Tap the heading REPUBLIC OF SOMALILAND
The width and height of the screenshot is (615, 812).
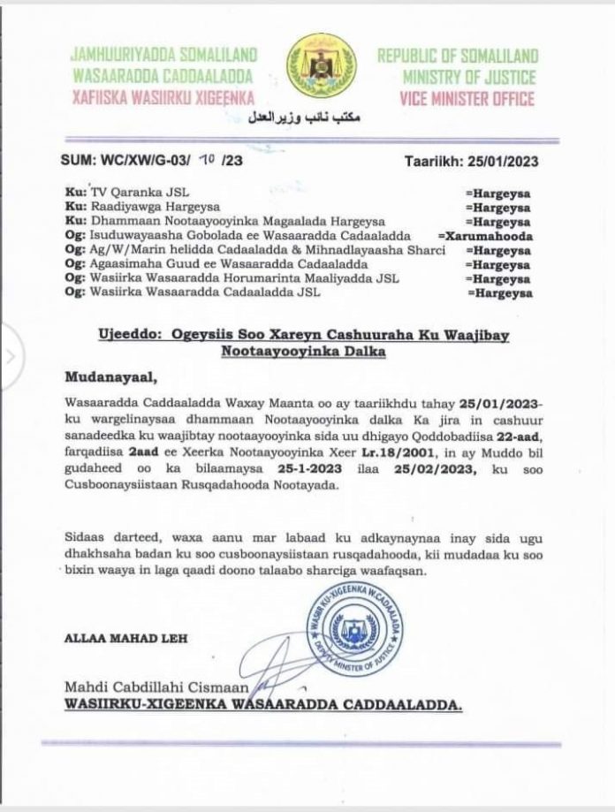point(458,57)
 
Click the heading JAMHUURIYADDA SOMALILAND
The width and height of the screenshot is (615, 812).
point(163,57)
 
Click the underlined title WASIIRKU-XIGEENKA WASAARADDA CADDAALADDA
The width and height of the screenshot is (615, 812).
point(262,706)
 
